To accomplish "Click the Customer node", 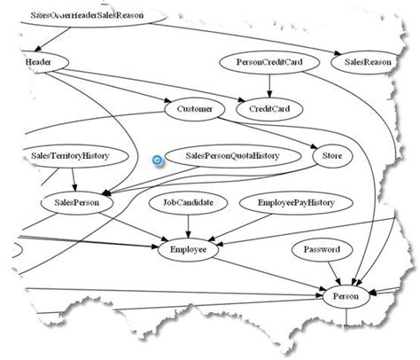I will click(195, 109).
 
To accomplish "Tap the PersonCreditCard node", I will click(269, 64).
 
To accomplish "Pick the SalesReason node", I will click(367, 64).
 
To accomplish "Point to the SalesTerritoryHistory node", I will click(69, 156).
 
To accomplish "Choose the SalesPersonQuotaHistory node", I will click(232, 156).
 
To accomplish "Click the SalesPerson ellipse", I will click(76, 203).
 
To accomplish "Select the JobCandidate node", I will click(188, 203).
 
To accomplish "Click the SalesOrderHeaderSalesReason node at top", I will click(89, 15).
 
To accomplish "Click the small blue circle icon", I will click(157, 161).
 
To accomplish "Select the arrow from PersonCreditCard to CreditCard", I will click(269, 87).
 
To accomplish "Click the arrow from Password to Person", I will click(330, 272).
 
